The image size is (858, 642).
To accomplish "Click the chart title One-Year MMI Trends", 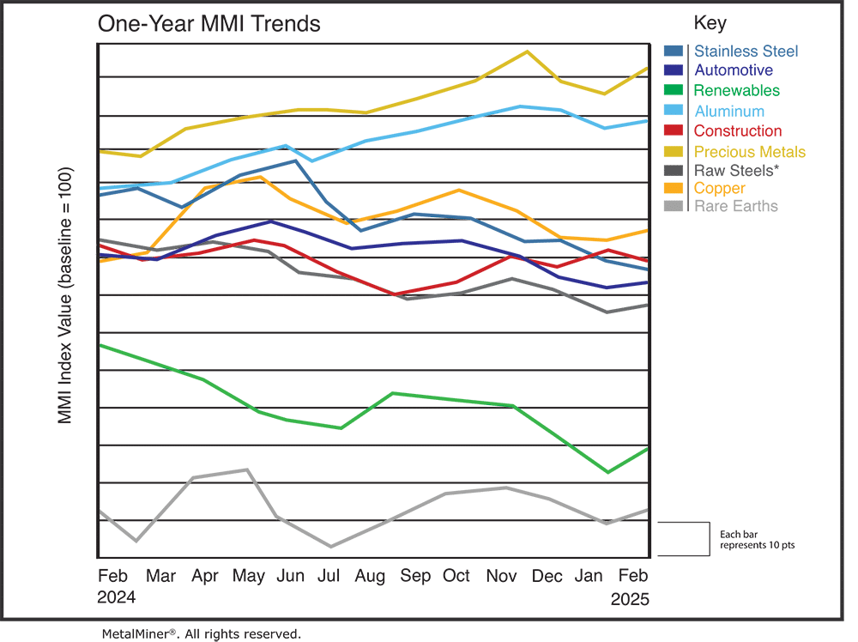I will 209,23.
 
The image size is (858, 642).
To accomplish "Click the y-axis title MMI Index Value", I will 65,295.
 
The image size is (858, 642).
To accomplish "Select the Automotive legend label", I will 733,70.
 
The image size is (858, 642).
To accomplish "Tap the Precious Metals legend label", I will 749,151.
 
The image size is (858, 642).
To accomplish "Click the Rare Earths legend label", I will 735,206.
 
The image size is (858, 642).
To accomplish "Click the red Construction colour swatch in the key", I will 674,131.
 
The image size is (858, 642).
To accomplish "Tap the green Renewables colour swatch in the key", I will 674,90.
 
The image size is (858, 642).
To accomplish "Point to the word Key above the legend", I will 709,23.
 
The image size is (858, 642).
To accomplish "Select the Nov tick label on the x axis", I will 501,575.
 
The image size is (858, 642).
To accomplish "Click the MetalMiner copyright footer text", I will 201,633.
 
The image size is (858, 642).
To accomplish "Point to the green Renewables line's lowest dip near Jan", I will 607,472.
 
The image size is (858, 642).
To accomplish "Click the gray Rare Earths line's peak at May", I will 247,469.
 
